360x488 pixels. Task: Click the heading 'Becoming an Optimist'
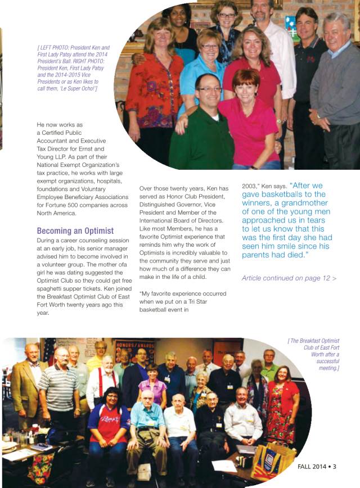tap(75, 231)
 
